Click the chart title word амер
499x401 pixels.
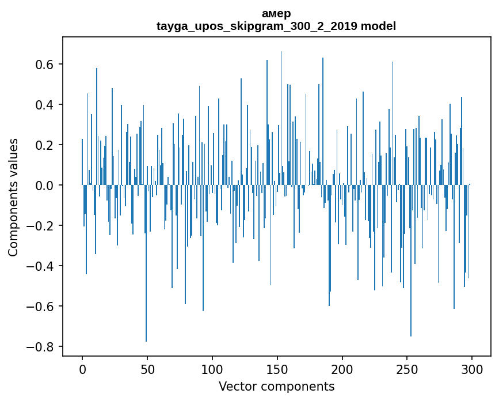(276, 14)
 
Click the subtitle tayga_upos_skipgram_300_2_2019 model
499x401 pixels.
(276, 26)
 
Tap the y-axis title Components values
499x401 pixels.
(13, 197)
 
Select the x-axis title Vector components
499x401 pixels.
(276, 386)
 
